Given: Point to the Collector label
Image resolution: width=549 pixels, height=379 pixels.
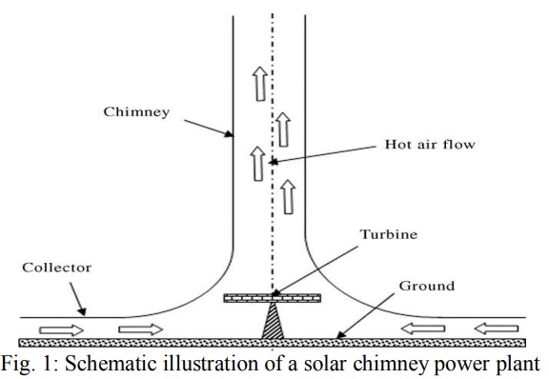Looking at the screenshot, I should (57, 267).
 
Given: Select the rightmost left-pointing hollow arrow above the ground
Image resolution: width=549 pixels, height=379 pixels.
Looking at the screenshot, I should (497, 329).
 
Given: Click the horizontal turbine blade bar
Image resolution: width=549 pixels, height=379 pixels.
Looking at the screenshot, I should (272, 298).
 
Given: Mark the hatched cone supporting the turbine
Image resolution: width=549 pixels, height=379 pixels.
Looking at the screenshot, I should (272, 322).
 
